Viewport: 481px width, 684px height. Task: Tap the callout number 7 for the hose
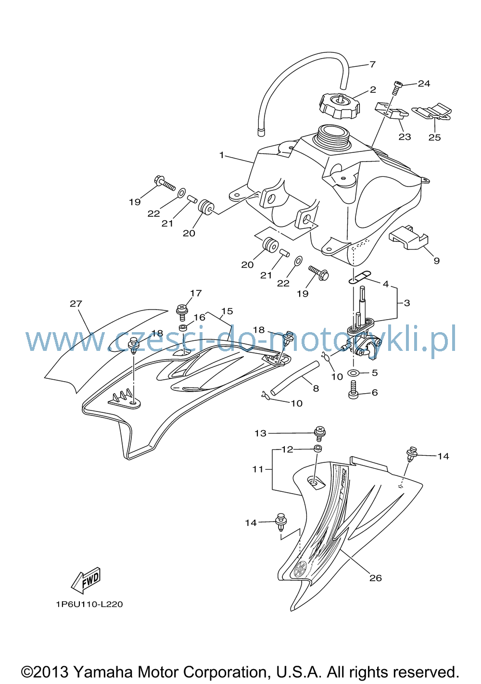click(372, 64)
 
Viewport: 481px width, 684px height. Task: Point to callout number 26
click(376, 577)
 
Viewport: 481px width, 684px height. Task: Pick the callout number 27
click(76, 303)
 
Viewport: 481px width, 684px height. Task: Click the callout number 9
click(437, 261)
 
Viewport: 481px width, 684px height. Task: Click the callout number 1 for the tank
click(222, 155)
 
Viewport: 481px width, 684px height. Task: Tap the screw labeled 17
click(182, 312)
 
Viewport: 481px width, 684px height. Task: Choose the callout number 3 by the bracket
click(407, 303)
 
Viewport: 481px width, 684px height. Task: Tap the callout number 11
click(258, 469)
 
